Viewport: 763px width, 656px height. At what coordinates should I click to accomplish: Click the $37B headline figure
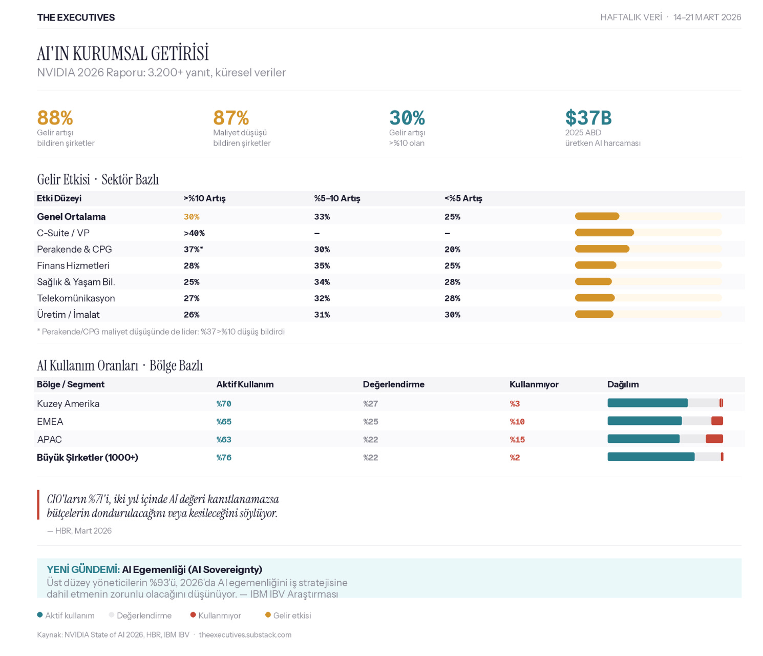pyautogui.click(x=588, y=118)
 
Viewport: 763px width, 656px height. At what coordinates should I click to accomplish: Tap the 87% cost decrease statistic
pyautogui.click(x=231, y=118)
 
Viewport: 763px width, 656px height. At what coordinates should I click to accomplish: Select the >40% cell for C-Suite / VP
pyautogui.click(x=194, y=233)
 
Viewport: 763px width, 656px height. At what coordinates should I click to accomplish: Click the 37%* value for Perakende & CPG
pyautogui.click(x=194, y=250)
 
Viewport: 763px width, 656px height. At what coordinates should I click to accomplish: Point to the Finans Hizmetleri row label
pyautogui.click(x=73, y=265)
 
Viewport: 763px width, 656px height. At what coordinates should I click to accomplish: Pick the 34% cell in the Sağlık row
pyautogui.click(x=322, y=282)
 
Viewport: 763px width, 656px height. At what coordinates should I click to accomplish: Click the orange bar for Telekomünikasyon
pyautogui.click(x=595, y=298)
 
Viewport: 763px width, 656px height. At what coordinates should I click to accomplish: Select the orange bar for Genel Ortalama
pyautogui.click(x=597, y=216)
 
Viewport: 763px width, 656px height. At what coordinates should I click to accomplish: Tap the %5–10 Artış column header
pyautogui.click(x=337, y=198)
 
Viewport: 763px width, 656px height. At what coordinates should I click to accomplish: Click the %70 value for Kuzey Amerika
pyautogui.click(x=224, y=404)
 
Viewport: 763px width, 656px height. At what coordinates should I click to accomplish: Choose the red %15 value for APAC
pyautogui.click(x=517, y=440)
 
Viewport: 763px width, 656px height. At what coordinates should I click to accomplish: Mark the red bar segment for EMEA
pyautogui.click(x=717, y=421)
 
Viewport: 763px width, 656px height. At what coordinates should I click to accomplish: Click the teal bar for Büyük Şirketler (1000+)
pyautogui.click(x=651, y=457)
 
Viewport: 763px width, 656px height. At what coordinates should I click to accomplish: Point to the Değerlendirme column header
pyautogui.click(x=393, y=384)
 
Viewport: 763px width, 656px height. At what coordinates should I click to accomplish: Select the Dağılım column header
pyautogui.click(x=623, y=384)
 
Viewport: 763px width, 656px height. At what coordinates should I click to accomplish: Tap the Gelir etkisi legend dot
pyautogui.click(x=268, y=615)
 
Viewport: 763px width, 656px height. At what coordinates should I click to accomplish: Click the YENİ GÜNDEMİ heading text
pyautogui.click(x=83, y=569)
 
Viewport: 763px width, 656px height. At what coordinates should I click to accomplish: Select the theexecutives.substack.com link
pyautogui.click(x=245, y=634)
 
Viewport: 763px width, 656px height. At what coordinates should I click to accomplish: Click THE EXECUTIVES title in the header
pyautogui.click(x=76, y=17)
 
